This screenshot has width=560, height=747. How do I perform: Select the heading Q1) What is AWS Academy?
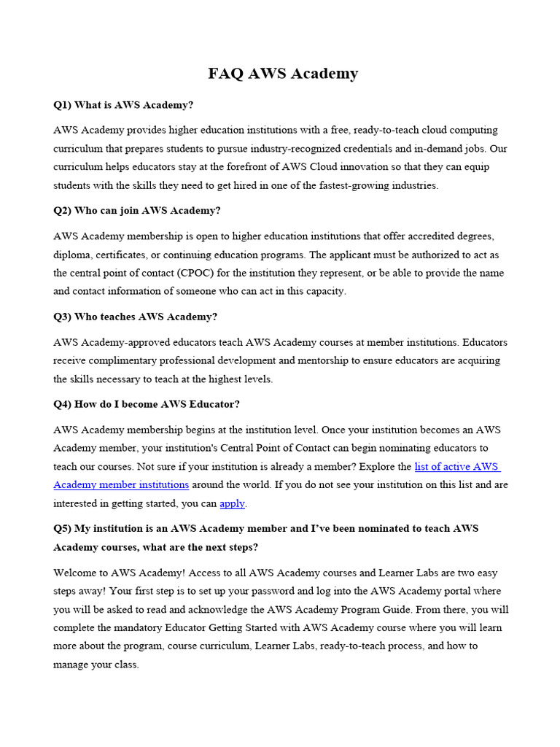(123, 105)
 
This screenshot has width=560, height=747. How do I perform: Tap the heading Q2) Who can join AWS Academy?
(136, 211)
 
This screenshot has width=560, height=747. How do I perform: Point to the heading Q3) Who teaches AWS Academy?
(135, 317)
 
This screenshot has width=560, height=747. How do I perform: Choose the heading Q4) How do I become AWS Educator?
(146, 404)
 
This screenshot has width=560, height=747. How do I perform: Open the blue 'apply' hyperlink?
(233, 503)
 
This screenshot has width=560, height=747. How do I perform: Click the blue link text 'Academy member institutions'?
(121, 485)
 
